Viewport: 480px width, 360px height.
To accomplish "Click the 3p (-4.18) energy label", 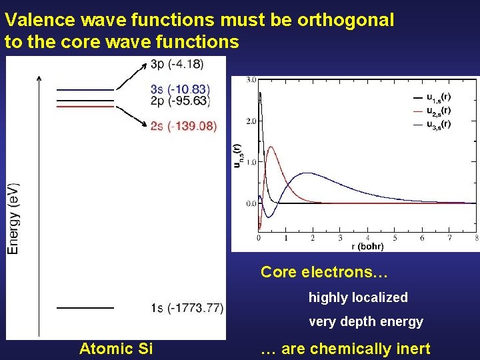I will [177, 64].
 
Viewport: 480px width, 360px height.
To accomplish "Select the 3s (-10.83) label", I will [180, 89].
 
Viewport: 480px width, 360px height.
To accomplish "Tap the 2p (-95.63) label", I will [180, 101].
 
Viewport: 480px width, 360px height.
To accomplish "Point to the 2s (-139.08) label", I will [183, 126].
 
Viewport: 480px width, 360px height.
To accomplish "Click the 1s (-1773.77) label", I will [186, 307].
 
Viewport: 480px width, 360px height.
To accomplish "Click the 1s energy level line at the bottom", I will [85, 308].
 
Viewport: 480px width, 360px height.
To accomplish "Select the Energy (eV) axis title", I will [13, 218].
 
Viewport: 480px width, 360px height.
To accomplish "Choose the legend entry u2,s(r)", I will [437, 111].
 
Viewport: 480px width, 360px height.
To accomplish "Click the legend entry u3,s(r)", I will [437, 123].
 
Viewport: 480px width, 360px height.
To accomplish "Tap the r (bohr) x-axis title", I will [367, 246].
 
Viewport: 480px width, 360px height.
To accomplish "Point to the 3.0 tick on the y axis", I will [251, 80].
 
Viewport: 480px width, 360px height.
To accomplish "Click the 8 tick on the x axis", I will [476, 238].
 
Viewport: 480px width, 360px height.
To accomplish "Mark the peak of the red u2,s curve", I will [271, 147].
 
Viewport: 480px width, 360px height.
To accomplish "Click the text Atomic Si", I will [116, 348].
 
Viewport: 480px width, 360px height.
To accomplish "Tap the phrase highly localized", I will [357, 297].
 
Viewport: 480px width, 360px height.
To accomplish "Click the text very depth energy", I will [365, 322].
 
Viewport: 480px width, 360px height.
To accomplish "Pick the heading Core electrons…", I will [324, 273].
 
